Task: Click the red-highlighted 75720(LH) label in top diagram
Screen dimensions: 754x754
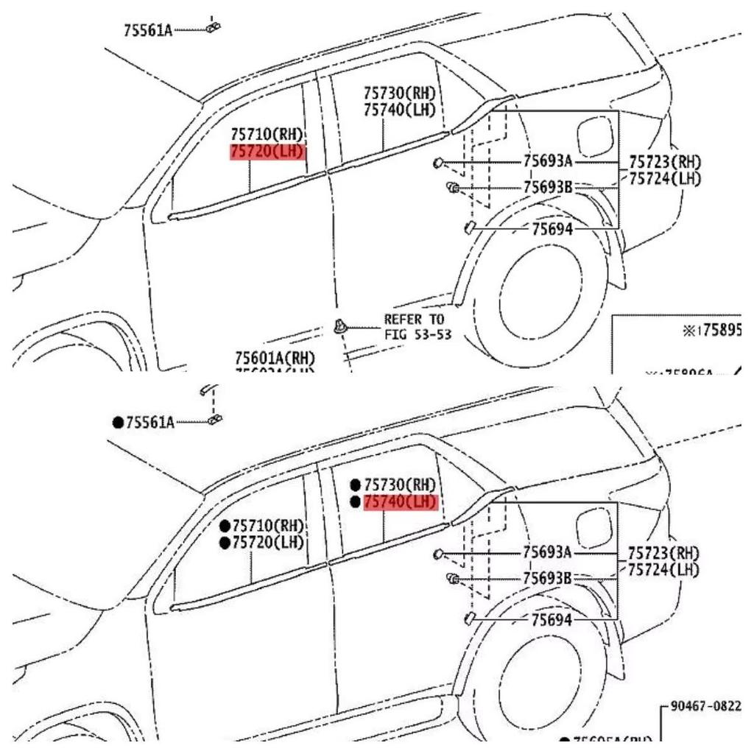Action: point(267,152)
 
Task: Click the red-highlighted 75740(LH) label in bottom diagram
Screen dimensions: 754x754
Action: point(400,502)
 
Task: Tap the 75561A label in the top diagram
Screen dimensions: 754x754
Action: point(148,30)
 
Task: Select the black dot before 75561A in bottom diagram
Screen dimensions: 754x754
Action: point(118,423)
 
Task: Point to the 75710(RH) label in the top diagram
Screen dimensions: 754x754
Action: point(267,135)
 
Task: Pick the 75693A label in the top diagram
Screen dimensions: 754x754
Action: point(548,161)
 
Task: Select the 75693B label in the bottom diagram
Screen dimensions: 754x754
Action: point(548,579)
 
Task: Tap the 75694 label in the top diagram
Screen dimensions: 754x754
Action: point(552,229)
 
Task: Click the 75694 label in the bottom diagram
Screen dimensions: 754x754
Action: point(552,620)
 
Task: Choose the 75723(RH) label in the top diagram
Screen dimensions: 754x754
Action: point(664,161)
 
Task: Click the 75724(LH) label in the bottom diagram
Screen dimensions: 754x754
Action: point(664,570)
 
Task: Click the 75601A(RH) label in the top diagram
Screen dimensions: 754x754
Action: point(275,358)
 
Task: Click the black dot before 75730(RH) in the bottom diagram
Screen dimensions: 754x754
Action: point(356,485)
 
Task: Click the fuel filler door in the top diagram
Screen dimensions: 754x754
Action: point(595,137)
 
